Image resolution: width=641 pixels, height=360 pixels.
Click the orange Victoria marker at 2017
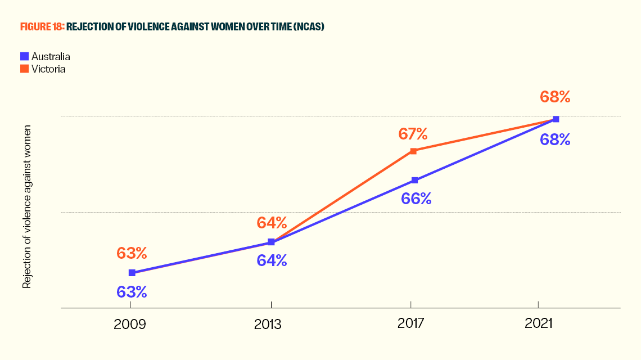[413, 151]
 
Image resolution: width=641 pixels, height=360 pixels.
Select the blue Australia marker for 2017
[414, 181]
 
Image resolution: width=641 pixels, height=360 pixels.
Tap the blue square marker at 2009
[132, 273]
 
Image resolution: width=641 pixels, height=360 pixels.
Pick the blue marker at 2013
[271, 242]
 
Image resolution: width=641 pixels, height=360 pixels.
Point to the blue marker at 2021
[556, 119]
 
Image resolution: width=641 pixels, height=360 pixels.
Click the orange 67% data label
[413, 134]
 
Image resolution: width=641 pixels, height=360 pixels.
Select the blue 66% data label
[416, 199]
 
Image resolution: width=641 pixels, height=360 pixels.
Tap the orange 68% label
[555, 97]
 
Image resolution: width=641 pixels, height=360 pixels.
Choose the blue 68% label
[555, 139]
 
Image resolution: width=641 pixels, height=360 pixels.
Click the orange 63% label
[132, 253]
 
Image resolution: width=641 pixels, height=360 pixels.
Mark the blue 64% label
[272, 260]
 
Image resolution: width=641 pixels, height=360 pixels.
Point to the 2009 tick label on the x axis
[130, 325]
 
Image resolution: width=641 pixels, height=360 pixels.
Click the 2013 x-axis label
[272, 325]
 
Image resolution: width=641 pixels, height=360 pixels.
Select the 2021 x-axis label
[539, 325]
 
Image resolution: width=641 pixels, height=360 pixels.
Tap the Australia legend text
[51, 56]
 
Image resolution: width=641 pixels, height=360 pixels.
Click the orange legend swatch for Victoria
[24, 69]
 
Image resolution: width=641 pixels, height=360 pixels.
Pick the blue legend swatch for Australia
[24, 56]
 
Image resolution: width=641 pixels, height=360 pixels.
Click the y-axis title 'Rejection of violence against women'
[26, 207]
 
